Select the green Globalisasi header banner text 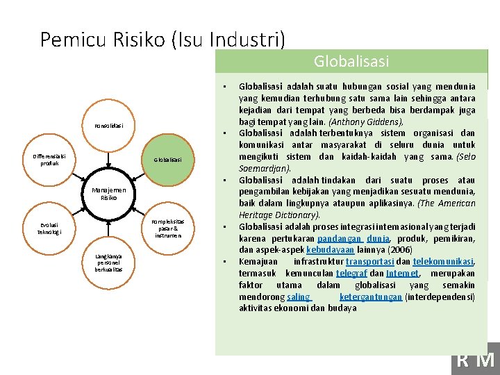pos(351,62)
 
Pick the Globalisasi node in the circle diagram pos(167,160)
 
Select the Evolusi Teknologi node pos(49,228)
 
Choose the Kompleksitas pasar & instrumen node pos(167,228)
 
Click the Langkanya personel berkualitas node pos(108,262)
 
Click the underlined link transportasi pos(369,261)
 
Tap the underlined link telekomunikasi pos(443,261)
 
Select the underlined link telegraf pos(353,273)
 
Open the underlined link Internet pos(402,273)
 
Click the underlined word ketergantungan pos(371,297)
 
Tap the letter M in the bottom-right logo pos(487,360)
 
